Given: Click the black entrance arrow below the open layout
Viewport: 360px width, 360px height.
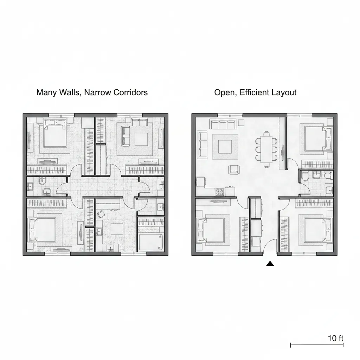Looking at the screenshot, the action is (x=270, y=264).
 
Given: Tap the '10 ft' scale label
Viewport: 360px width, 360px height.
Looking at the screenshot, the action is (x=335, y=338).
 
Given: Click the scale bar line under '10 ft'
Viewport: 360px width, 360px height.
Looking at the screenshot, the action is (x=317, y=345).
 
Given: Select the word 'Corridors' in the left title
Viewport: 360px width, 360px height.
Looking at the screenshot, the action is (x=131, y=92).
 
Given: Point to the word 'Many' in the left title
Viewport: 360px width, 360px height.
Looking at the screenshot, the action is (x=47, y=92).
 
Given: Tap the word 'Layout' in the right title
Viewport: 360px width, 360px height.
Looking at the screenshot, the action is (x=284, y=92).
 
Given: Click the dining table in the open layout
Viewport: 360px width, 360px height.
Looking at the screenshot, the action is (x=266, y=149).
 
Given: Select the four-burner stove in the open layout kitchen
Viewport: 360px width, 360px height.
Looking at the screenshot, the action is (x=219, y=192).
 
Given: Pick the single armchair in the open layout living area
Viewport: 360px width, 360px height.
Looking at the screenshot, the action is (x=234, y=170).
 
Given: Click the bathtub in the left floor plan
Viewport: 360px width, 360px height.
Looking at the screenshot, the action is (x=151, y=242).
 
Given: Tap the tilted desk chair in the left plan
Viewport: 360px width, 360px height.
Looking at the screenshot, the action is (x=101, y=214).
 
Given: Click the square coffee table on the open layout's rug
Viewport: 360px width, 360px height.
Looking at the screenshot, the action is (x=225, y=147).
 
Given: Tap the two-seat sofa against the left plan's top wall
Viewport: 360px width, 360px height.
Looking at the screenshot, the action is (x=139, y=122).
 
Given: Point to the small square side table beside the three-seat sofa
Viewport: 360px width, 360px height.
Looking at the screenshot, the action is (x=241, y=122).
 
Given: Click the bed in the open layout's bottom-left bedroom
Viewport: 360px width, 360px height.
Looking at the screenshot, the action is (x=211, y=230).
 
